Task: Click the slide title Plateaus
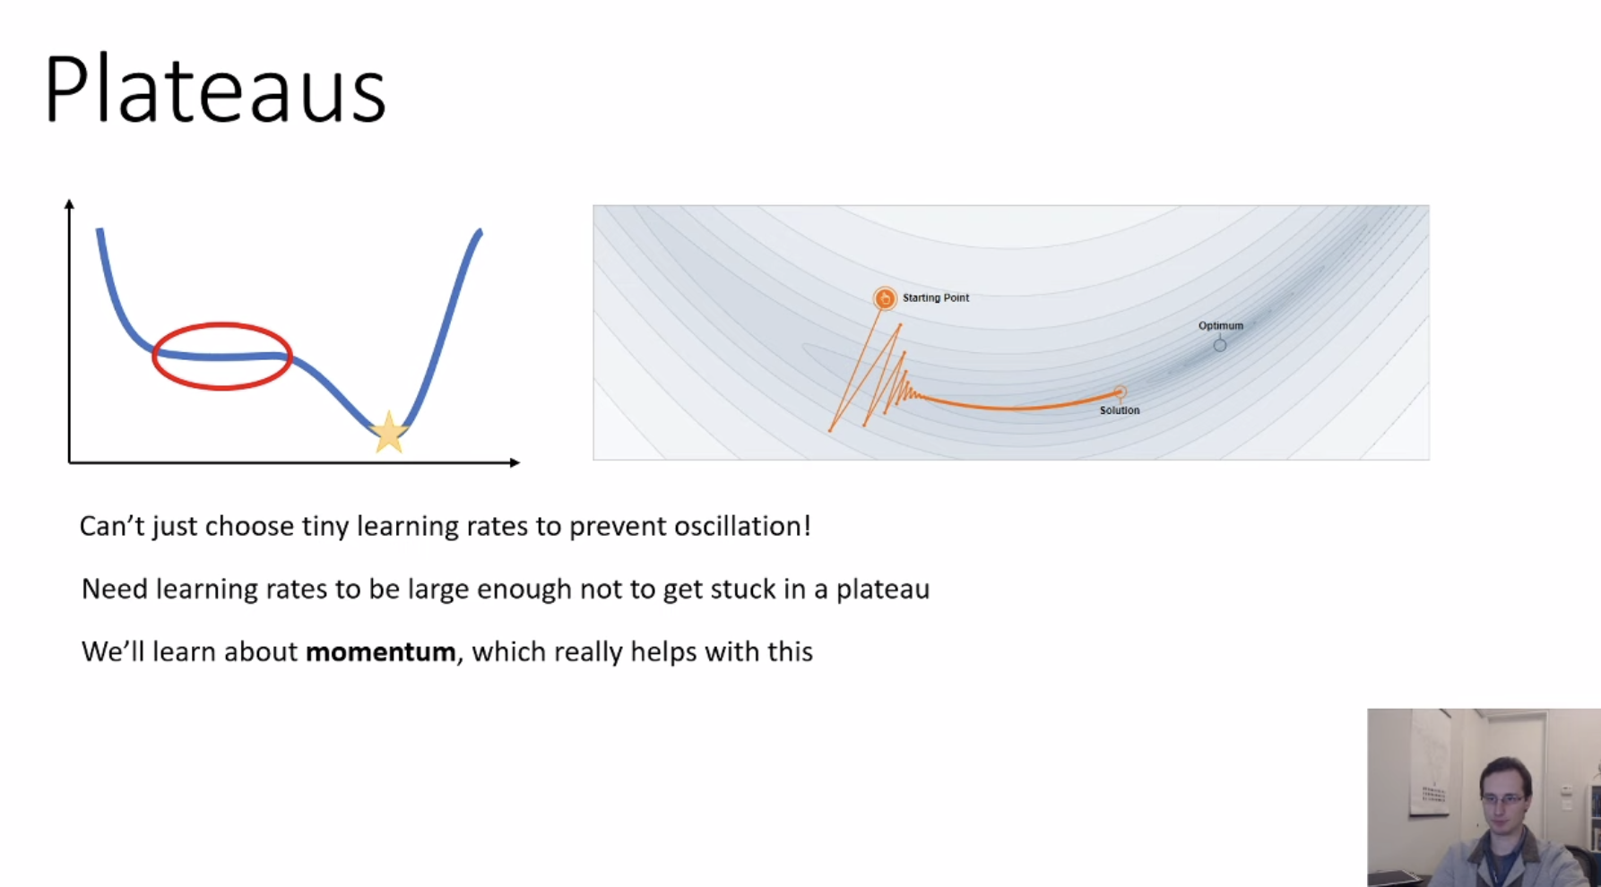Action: coord(215,89)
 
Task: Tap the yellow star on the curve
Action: coord(389,432)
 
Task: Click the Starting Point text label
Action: coord(936,297)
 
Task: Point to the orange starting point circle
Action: coord(885,298)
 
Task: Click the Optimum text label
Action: coord(1221,325)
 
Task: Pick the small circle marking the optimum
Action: coord(1220,345)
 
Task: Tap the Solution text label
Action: coord(1120,410)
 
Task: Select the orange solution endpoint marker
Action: coord(1120,392)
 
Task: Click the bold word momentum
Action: coord(380,651)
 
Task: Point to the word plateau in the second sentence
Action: coord(883,590)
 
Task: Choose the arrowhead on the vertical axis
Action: coord(69,204)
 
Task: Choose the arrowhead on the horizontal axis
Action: coord(514,462)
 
